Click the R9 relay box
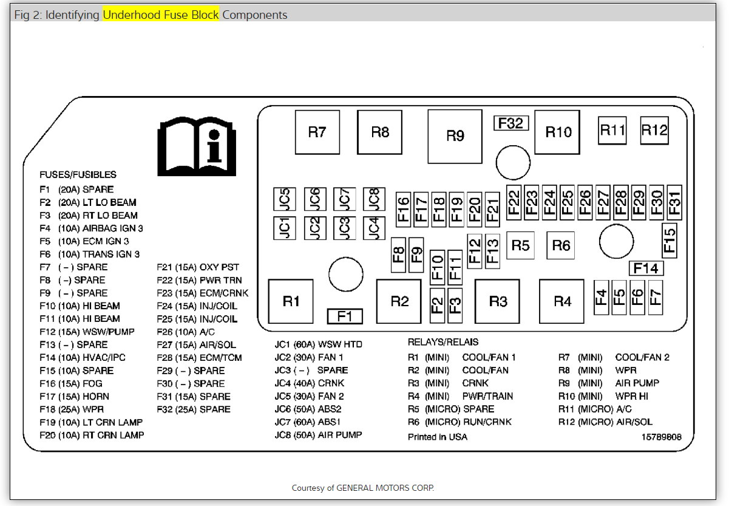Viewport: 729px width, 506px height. coord(455,136)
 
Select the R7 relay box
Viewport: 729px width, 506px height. coord(317,132)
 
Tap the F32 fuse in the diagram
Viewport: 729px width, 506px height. coord(510,123)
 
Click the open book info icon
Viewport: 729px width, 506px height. coord(196,145)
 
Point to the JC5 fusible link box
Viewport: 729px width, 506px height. coord(285,199)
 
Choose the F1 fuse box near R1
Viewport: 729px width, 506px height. coord(345,316)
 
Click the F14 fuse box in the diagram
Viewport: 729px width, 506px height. coord(646,268)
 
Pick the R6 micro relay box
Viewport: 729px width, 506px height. coord(561,245)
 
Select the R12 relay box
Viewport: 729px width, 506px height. coord(654,130)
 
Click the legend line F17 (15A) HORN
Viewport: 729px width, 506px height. coord(75,397)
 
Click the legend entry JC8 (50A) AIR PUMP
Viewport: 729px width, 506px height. coord(318,435)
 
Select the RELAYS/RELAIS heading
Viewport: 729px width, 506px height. coord(443,342)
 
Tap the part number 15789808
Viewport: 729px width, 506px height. coord(662,437)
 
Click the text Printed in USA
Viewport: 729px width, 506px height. coord(438,437)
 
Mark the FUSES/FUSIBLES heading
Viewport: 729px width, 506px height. coord(78,174)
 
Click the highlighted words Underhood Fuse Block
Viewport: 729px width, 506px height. coord(161,15)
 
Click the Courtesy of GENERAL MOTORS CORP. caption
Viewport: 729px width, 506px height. coord(363,488)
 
